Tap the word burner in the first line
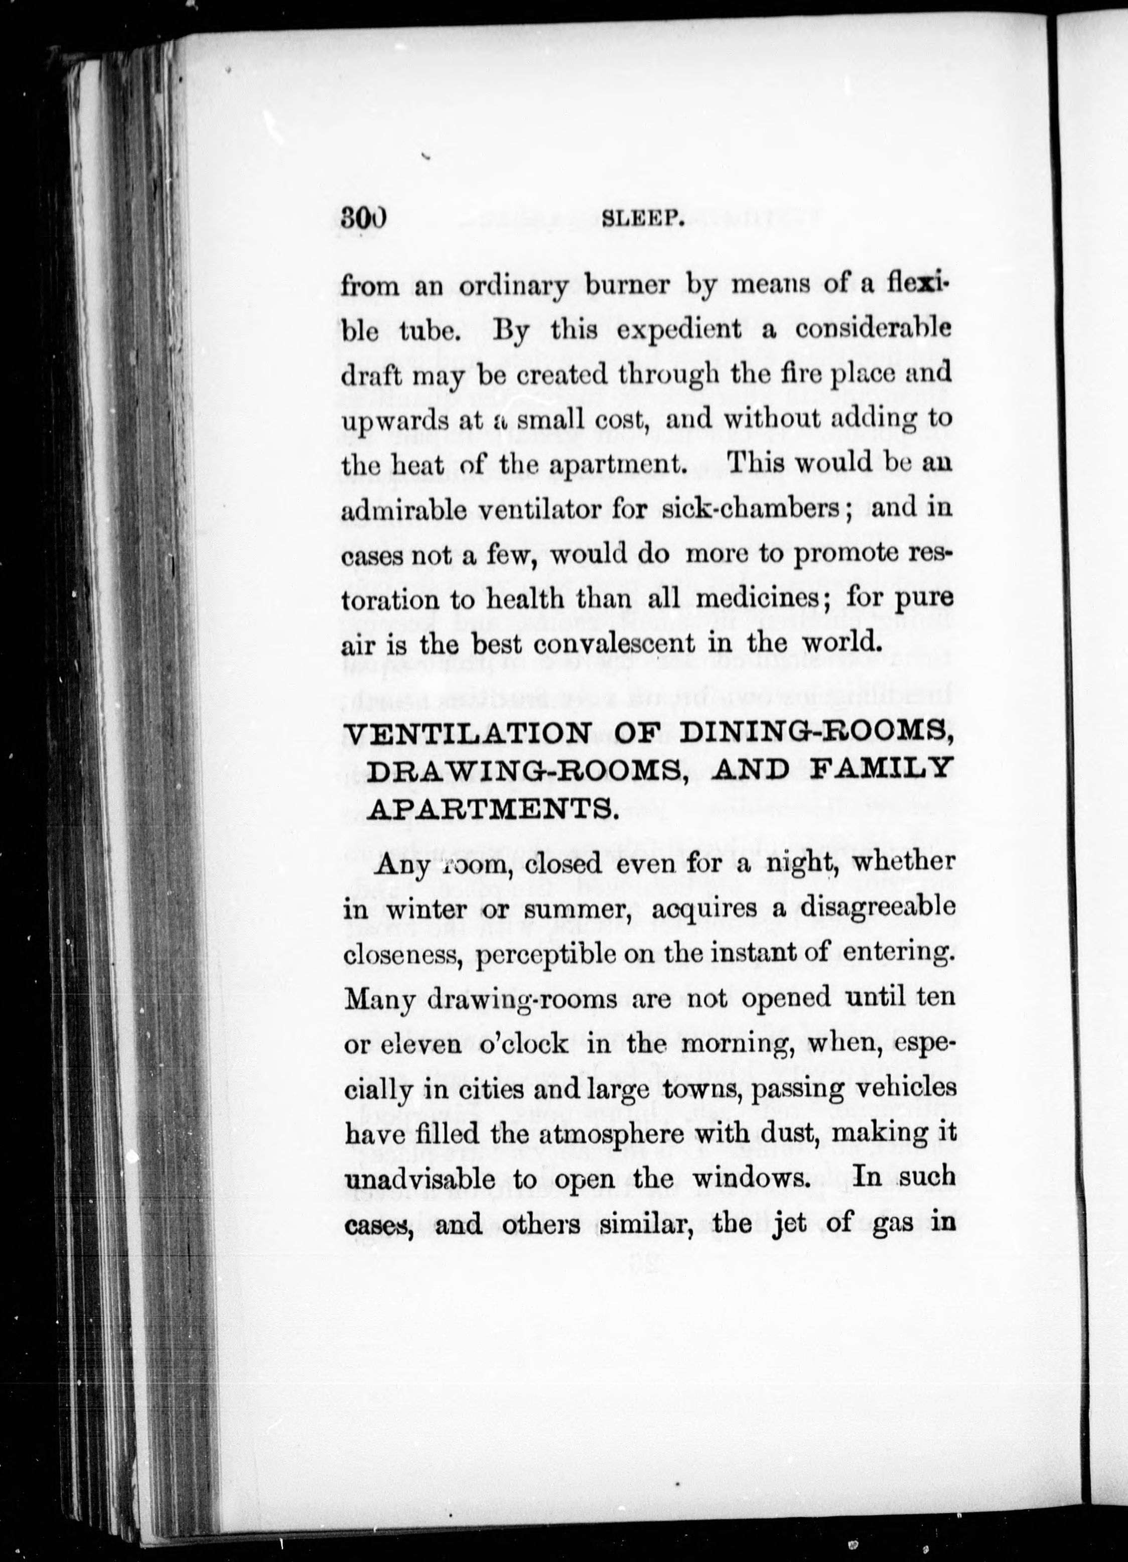click(x=626, y=285)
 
